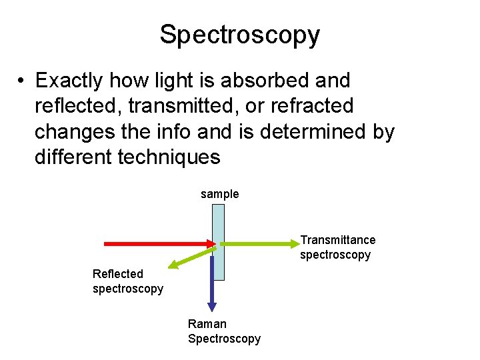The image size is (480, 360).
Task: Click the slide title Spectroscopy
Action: (239, 35)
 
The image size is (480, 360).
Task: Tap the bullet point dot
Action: (22, 81)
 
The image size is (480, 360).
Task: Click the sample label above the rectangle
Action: (219, 194)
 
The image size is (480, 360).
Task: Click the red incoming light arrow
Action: (147, 245)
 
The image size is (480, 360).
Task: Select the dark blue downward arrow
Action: (212, 283)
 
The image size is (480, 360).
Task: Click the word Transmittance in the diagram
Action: (338, 240)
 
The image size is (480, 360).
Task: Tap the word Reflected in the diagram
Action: (118, 274)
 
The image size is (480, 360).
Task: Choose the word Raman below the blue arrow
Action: (207, 324)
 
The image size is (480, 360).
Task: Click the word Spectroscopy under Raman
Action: (224, 339)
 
